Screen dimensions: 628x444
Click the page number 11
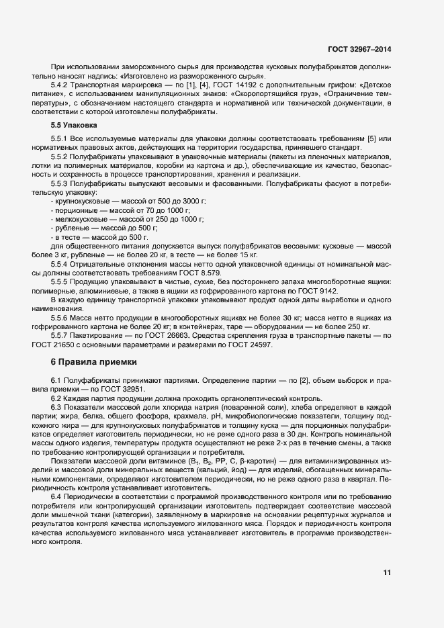pos(387,573)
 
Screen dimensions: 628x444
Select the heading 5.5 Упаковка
pos(75,126)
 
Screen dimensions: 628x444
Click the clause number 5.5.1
pos(62,138)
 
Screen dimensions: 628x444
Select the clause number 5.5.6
pos(62,316)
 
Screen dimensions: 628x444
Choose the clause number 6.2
pos(56,399)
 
